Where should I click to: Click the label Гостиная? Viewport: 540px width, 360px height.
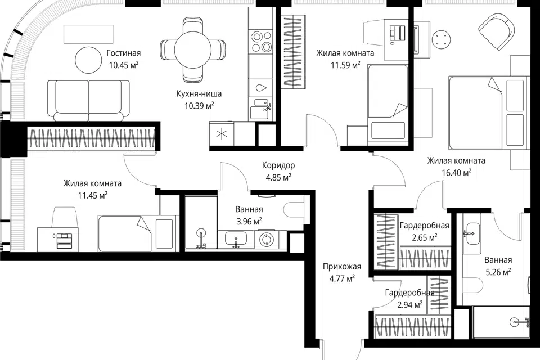pos(124,53)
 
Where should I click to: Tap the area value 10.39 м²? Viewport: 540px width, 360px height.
pos(199,105)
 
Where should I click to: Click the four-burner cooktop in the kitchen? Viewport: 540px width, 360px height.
pos(262,41)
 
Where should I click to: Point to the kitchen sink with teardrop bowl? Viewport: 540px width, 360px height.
pos(261,87)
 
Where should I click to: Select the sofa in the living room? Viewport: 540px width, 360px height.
pos(88,100)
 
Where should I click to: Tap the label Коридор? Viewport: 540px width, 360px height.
pos(278,165)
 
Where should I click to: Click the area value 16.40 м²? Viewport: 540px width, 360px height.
pos(457,172)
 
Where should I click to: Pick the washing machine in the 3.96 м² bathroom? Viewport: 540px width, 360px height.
pos(267,239)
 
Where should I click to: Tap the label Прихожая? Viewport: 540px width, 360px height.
pos(342,266)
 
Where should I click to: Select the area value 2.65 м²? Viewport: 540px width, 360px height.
pos(425,237)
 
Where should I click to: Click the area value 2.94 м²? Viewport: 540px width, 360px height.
pos(410,304)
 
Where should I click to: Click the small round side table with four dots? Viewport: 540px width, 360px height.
pos(442,39)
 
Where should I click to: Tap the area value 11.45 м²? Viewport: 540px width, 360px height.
pos(93,196)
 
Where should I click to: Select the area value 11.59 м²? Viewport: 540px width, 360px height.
pos(345,65)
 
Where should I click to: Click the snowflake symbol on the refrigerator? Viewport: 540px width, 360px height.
pos(222,134)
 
